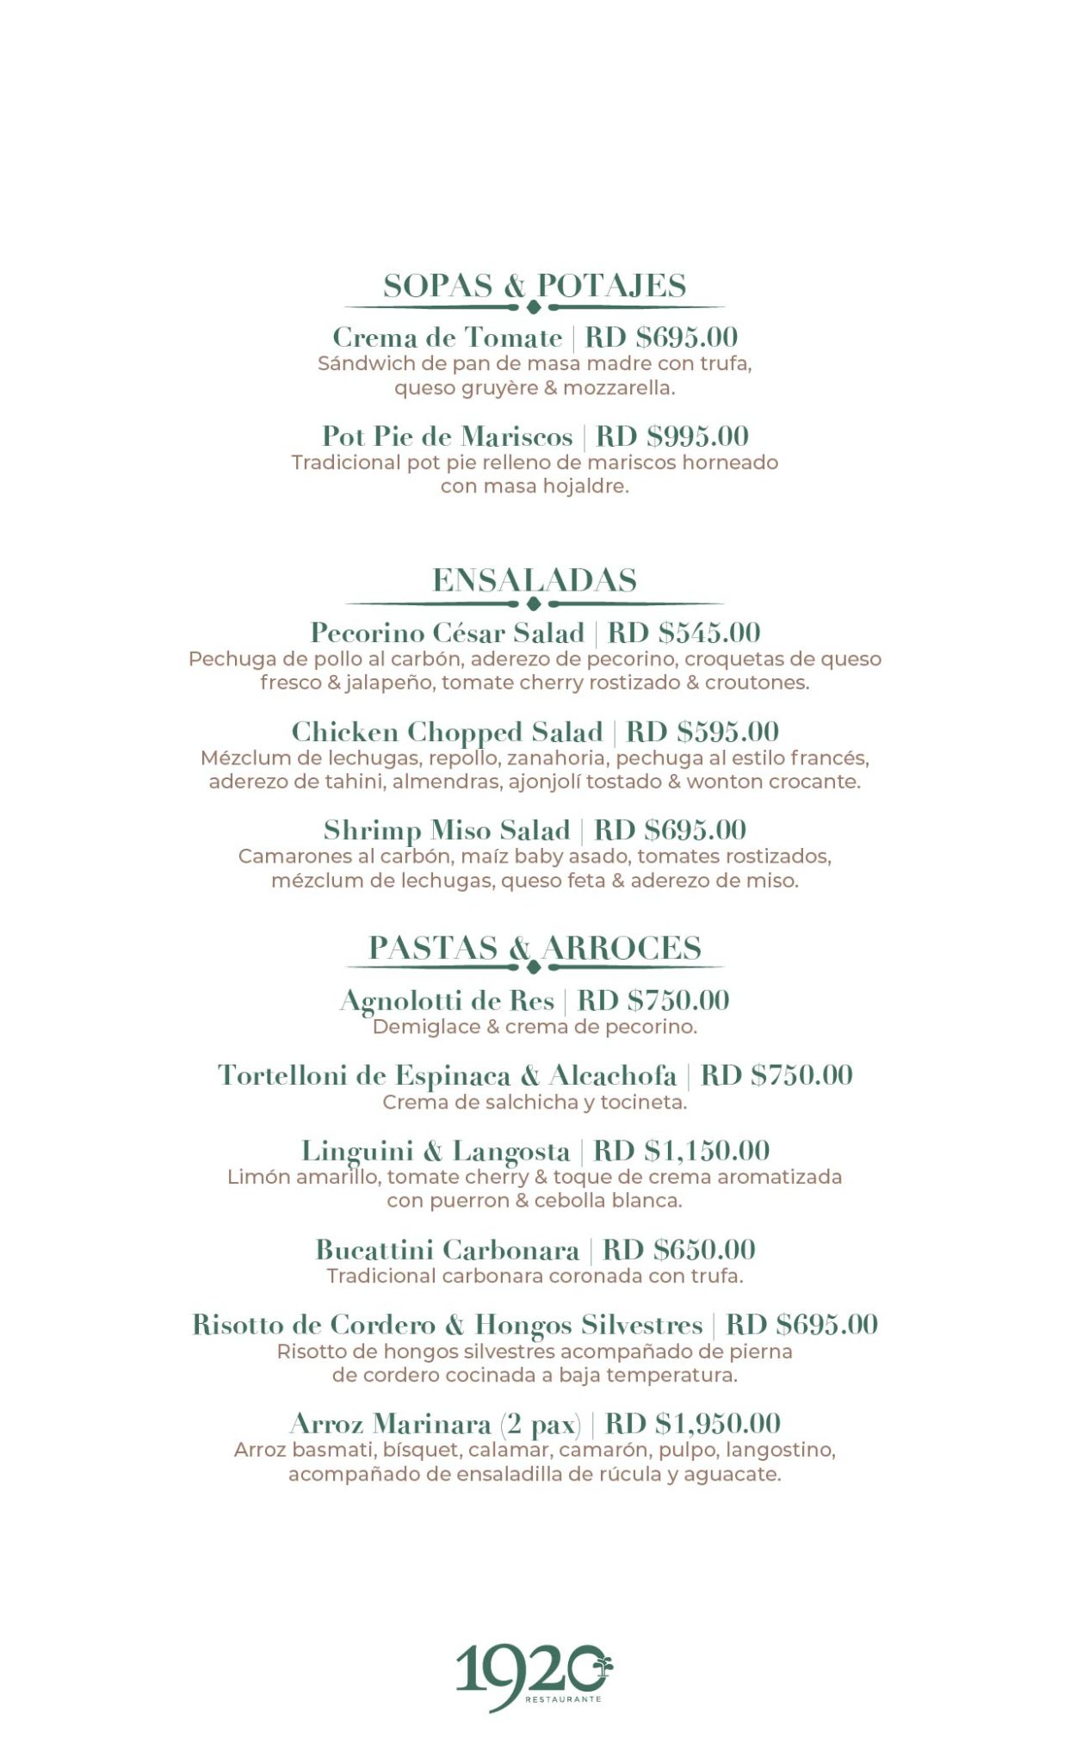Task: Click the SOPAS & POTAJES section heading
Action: (x=535, y=285)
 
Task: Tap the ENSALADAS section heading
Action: (x=535, y=579)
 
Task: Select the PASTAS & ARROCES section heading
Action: (x=535, y=947)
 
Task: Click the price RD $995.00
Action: (x=672, y=436)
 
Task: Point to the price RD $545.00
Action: (x=684, y=632)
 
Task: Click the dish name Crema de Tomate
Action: (x=447, y=337)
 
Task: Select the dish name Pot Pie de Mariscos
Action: (x=447, y=436)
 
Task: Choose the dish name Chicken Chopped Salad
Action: (x=447, y=731)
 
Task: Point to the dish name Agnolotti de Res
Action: (x=447, y=999)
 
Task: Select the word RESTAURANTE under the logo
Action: (x=563, y=1699)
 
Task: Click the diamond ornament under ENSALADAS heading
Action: (x=534, y=603)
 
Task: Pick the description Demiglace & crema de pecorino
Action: (x=535, y=1026)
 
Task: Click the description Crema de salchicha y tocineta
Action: (x=535, y=1102)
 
